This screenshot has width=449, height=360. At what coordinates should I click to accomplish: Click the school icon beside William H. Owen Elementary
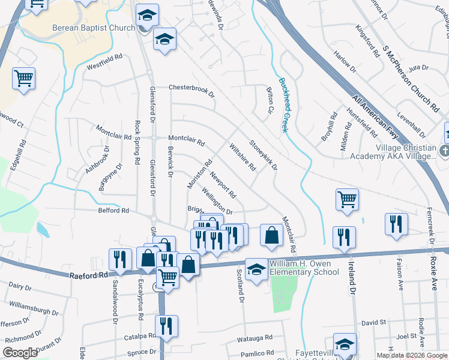pos(256,271)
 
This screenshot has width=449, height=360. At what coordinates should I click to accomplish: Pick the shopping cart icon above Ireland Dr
pos(348,200)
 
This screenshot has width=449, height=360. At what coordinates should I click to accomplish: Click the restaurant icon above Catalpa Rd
pos(166,326)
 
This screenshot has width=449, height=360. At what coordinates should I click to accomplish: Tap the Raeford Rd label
pos(88,274)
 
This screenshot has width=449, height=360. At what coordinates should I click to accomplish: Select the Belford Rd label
pos(113,211)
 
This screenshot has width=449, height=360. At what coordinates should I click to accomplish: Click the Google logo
pos(20,352)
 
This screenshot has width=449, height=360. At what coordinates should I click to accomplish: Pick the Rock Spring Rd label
pos(137,143)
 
